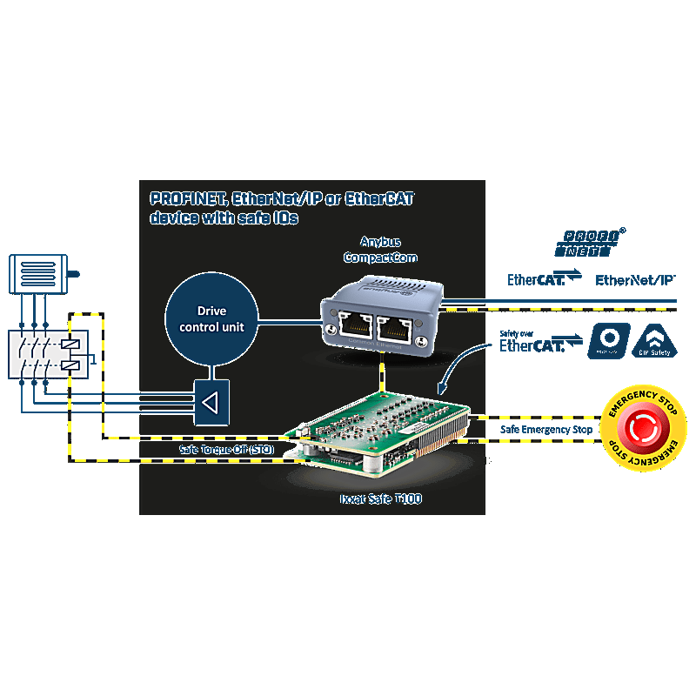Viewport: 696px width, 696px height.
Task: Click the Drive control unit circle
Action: tap(208, 319)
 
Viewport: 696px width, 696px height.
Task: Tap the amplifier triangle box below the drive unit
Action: tap(211, 402)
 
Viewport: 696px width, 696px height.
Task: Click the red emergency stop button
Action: tap(645, 428)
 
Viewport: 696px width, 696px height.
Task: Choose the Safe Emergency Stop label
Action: tap(546, 430)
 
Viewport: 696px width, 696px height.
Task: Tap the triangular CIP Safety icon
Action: tap(653, 342)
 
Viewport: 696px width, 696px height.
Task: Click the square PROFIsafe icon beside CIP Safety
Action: tap(609, 341)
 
